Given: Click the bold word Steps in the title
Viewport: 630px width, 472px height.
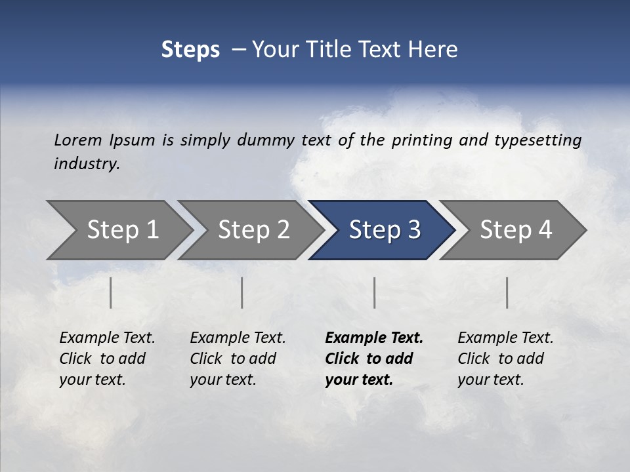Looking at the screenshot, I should pos(190,50).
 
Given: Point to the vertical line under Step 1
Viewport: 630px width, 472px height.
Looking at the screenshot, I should pos(111,292).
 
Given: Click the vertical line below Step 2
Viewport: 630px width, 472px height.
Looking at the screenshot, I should pos(242,292).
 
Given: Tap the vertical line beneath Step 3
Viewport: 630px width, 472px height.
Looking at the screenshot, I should pos(375,292).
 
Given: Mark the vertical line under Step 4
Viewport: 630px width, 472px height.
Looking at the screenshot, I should pos(507,292).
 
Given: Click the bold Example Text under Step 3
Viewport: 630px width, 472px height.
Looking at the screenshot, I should pos(374,338).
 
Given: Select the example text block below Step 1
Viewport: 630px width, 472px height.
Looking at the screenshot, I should pos(107,359).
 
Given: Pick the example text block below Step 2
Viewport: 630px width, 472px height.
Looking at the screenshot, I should pos(238,359).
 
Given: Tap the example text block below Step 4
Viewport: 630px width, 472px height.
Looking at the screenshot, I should pos(505,359).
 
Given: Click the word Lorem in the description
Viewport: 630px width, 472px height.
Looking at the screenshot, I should pos(78,140).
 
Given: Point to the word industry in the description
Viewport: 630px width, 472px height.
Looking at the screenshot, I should pos(87,164).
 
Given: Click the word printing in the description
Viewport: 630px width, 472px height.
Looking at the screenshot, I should pos(420,140).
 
